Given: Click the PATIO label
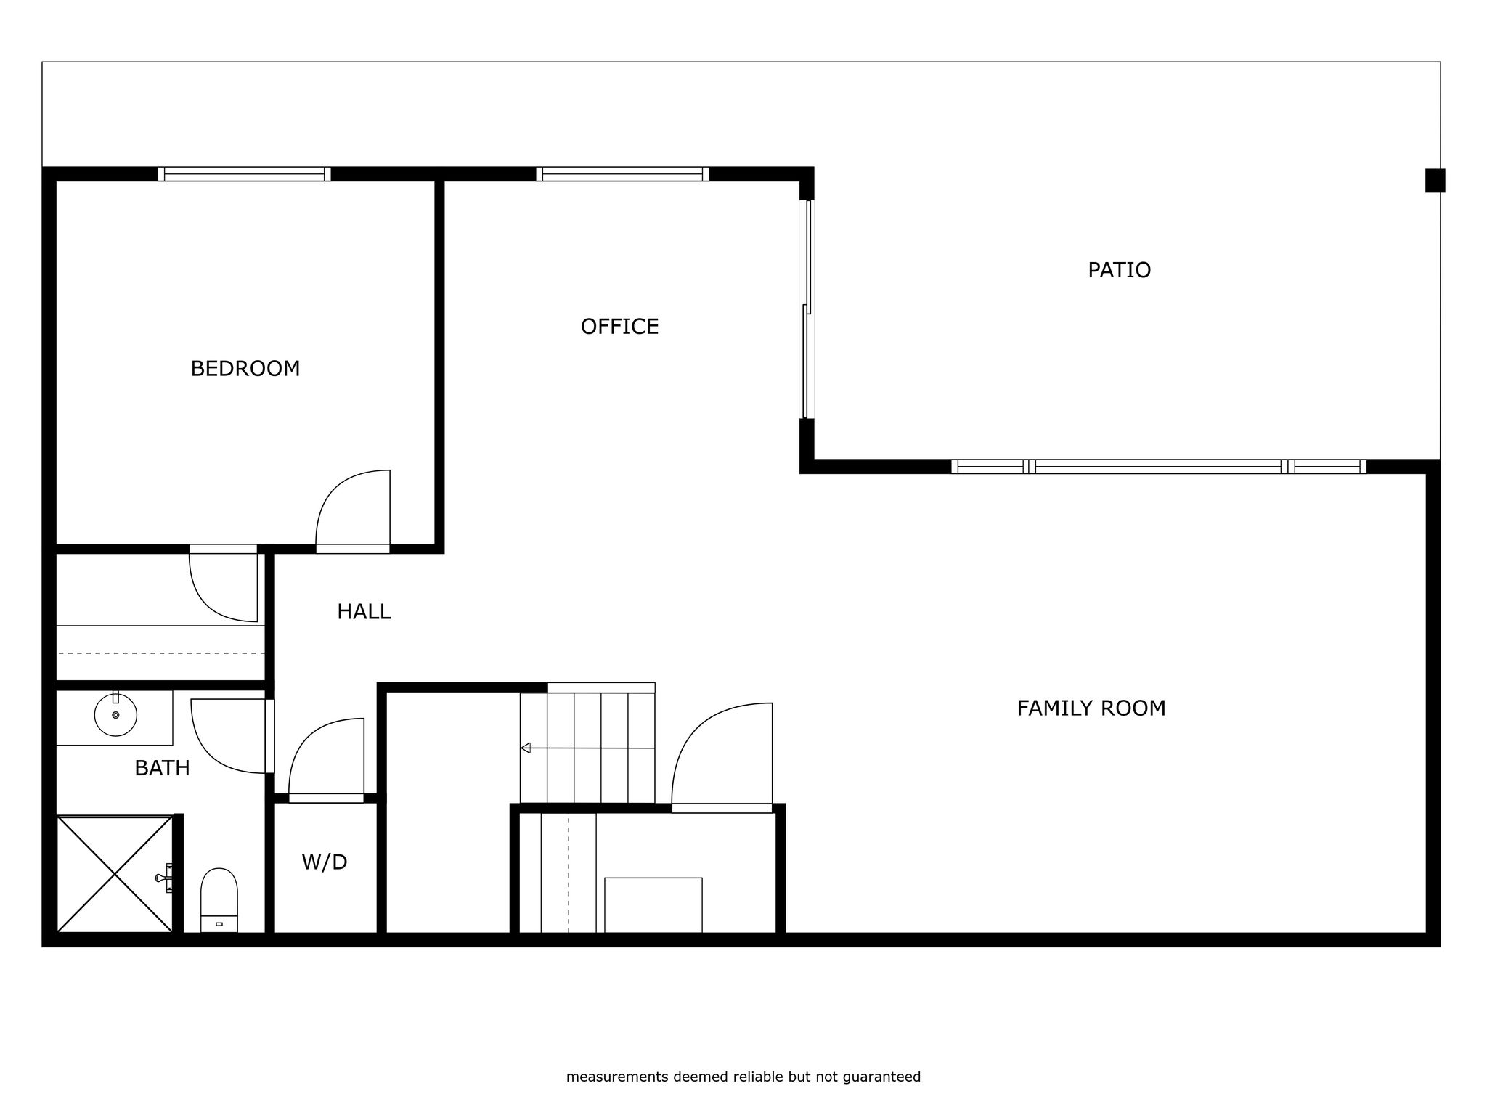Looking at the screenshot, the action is tap(1119, 270).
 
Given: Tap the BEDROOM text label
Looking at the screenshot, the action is tap(245, 369).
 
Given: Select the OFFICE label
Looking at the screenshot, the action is tap(619, 327).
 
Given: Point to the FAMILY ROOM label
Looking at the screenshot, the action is tap(1091, 708).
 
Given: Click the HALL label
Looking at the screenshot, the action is tap(364, 612).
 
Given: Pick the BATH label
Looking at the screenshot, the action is tap(162, 768).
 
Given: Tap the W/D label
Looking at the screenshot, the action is tap(325, 862).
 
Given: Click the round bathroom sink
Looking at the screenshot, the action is tap(115, 715).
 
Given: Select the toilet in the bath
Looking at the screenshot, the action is tap(219, 900).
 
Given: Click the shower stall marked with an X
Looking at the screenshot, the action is tap(115, 874).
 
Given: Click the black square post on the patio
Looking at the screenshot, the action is tap(1435, 181).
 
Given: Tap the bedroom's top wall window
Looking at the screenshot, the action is tap(244, 174).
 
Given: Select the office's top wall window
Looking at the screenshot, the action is tap(622, 174).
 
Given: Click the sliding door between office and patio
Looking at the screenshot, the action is tap(807, 309).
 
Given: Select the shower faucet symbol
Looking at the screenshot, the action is tap(165, 878).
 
